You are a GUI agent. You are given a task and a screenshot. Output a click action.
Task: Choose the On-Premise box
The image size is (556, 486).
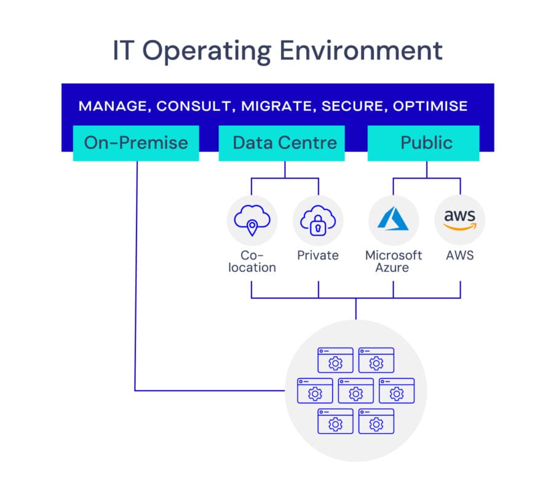136,143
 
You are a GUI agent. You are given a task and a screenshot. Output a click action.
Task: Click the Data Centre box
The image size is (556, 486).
284,143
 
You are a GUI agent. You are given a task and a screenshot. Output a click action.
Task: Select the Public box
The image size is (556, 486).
426,143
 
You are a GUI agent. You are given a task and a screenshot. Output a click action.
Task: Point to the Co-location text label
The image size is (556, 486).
252,261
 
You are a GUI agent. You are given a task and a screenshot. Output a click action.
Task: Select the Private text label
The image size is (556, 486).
318,255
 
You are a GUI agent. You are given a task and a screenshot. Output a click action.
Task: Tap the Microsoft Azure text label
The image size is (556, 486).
394,261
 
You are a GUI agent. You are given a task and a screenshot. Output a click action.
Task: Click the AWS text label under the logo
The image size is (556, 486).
459,255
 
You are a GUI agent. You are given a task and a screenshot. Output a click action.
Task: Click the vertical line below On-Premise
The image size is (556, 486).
135,277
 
